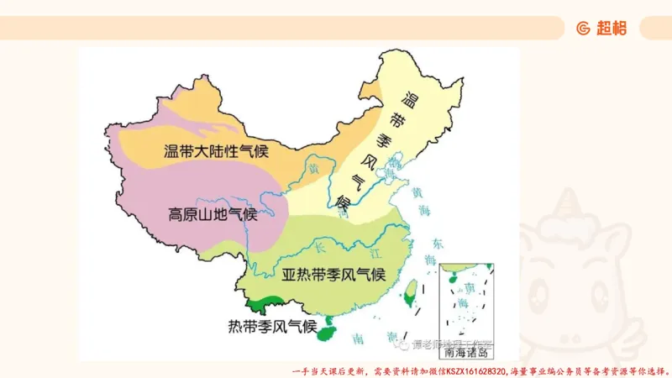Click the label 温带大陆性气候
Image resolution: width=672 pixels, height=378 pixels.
tap(212, 151)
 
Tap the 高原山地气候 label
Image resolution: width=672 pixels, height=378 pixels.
tap(213, 213)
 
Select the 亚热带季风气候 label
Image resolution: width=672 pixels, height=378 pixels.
tap(333, 275)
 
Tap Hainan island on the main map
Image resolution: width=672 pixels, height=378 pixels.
tap(326, 333)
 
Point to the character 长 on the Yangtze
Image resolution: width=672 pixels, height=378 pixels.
tap(317, 245)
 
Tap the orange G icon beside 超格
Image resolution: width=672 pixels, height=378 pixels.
tap(583, 28)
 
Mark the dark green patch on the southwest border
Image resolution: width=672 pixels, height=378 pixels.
tap(267, 301)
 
